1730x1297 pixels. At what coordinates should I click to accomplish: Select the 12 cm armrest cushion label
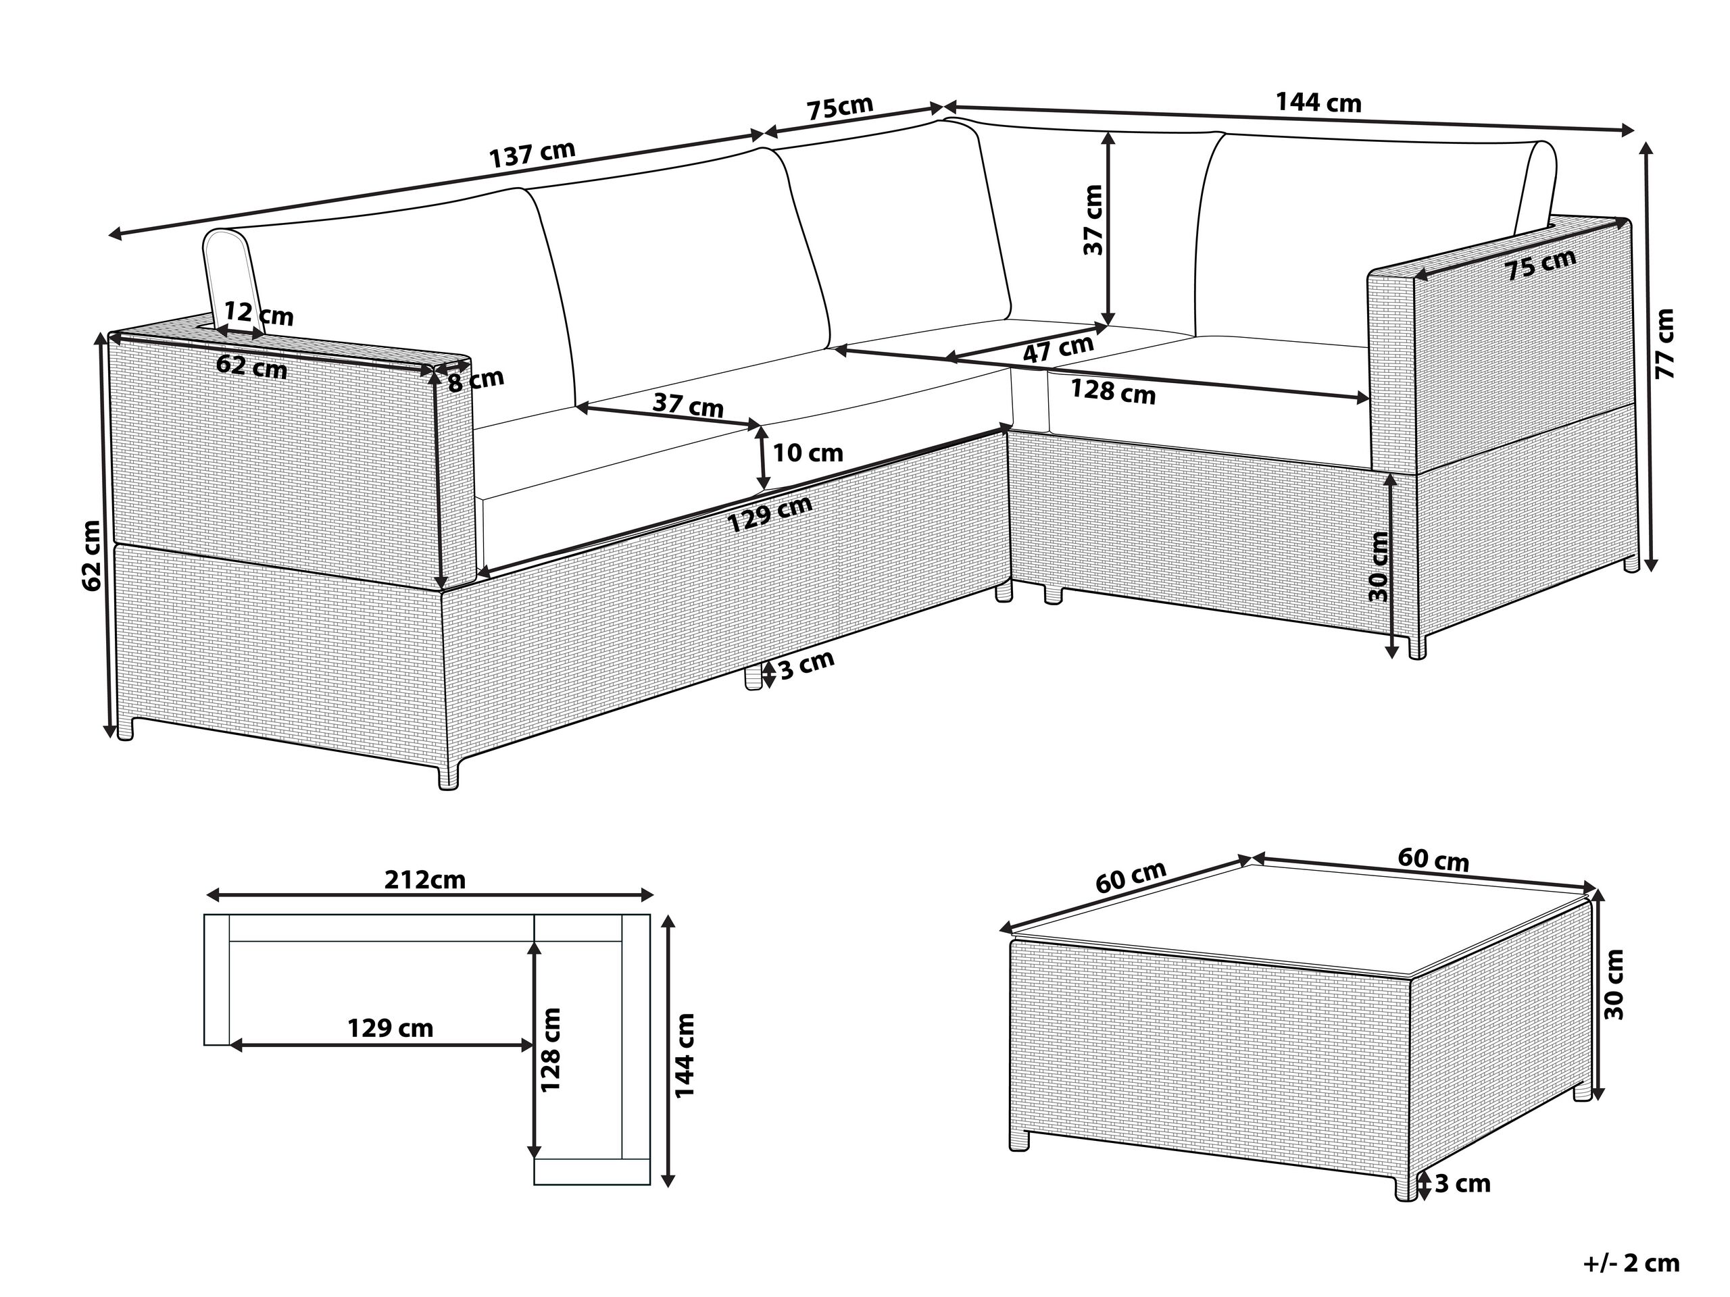258,314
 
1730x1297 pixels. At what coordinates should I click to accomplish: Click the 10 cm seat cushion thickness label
808,453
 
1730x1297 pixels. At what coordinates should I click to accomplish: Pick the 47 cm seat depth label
1058,348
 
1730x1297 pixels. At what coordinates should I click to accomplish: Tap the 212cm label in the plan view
424,880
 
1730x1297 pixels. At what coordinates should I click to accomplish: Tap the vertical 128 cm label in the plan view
551,1050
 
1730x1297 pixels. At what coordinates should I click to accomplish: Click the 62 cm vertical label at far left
91,556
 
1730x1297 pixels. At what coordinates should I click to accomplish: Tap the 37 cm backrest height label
1093,220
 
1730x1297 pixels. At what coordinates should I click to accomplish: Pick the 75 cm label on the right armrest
1540,265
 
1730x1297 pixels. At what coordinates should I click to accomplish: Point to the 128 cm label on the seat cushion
1112,390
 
